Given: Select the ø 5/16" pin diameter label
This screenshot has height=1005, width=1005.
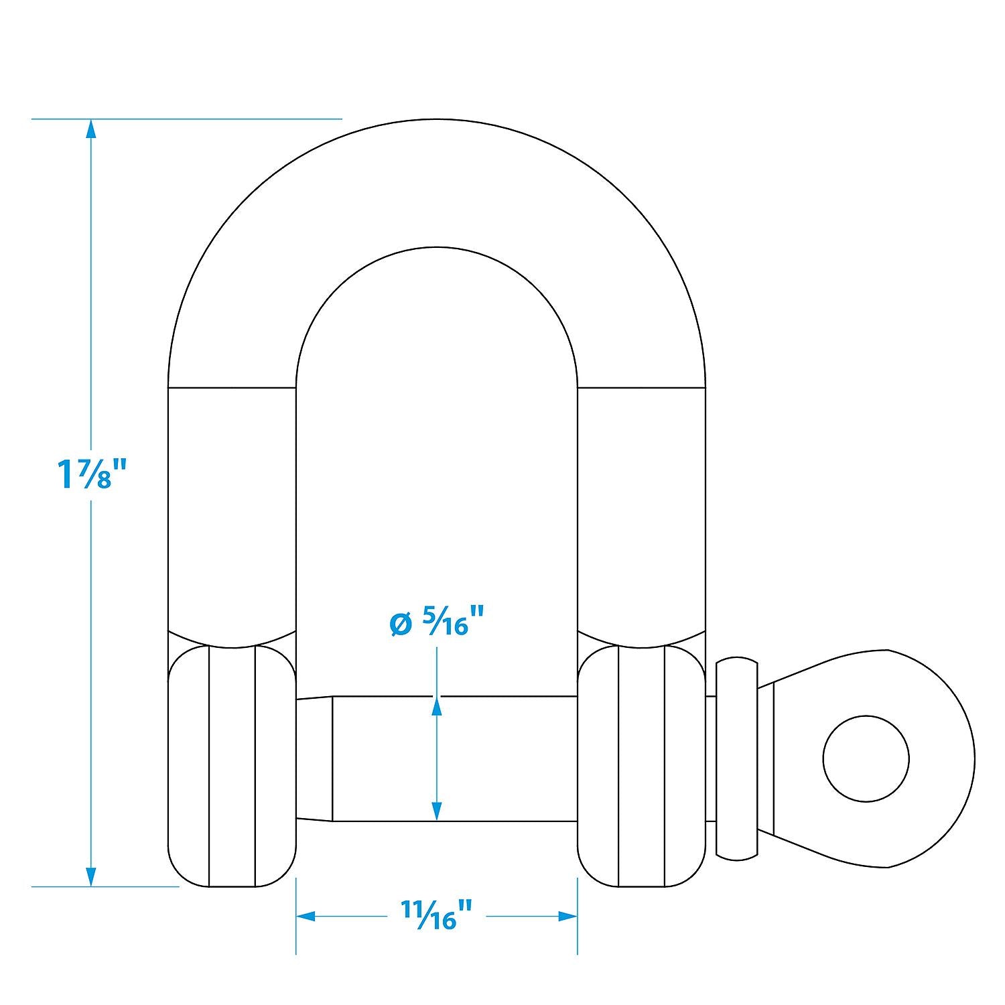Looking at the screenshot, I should click(x=436, y=622).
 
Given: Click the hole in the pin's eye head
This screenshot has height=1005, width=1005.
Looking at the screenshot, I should click(x=866, y=758).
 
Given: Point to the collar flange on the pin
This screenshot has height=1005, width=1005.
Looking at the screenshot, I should click(x=737, y=758).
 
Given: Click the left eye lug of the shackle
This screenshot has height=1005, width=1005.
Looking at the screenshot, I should click(x=232, y=766).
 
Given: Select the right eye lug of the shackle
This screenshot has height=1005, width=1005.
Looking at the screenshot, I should click(x=641, y=766).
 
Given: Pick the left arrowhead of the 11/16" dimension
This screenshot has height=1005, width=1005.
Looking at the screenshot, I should click(x=306, y=916).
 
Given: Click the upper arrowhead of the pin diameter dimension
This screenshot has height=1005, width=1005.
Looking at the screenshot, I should click(x=437, y=706).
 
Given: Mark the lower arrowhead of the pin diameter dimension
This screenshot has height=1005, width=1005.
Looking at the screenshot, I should click(x=437, y=811).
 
